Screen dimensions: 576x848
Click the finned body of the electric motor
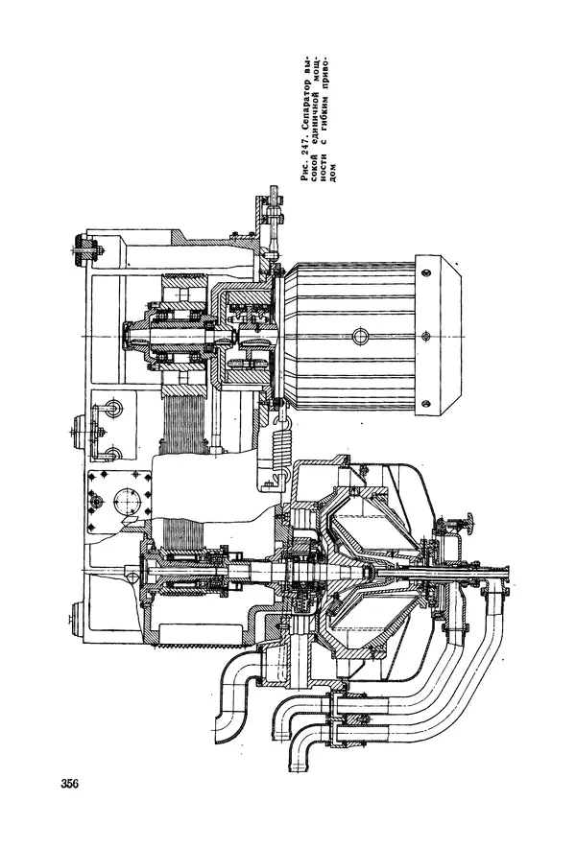coord(349,336)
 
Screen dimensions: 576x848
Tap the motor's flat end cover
coord(439,336)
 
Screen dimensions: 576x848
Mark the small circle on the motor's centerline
coord(359,336)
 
